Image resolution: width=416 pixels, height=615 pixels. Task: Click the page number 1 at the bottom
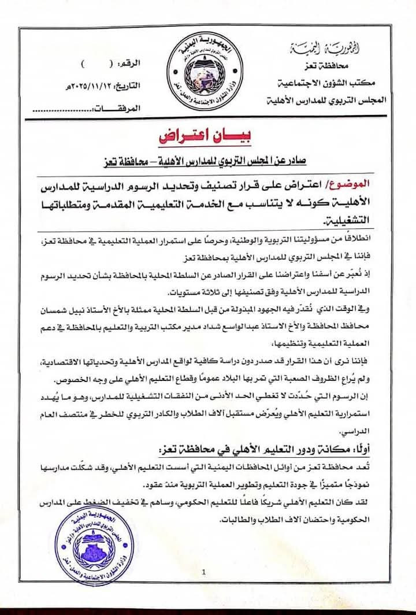click(205, 572)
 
